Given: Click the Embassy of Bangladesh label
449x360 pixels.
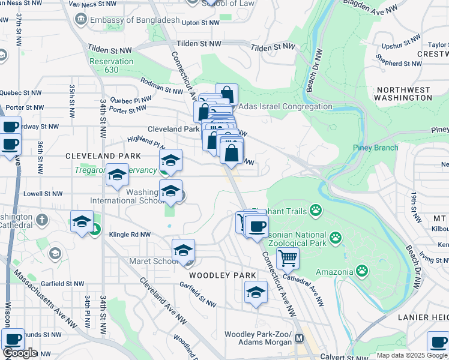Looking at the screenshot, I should pyautogui.click(x=134, y=20).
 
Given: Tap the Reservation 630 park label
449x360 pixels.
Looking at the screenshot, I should pyautogui.click(x=111, y=66).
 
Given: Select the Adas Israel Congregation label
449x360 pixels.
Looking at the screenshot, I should pyautogui.click(x=285, y=107).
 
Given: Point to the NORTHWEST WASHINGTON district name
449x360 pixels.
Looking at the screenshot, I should pyautogui.click(x=402, y=94).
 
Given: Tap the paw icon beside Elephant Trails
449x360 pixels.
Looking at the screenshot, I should pyautogui.click(x=316, y=210).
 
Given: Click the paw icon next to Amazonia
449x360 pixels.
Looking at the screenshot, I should pyautogui.click(x=361, y=271).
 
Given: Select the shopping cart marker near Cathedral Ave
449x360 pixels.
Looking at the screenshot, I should pyautogui.click(x=288, y=258).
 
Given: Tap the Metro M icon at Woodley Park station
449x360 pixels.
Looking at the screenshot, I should pyautogui.click(x=298, y=338).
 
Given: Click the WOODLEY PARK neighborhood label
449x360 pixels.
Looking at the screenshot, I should pyautogui.click(x=219, y=275).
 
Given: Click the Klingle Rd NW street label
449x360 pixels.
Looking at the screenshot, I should pyautogui.click(x=128, y=235).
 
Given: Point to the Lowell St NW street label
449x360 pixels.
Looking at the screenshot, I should pyautogui.click(x=43, y=194).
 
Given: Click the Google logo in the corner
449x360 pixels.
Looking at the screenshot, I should pyautogui.click(x=20, y=353).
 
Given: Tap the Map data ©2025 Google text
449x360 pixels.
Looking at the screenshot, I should pyautogui.click(x=411, y=355).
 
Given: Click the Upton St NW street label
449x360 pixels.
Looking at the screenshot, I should pyautogui.click(x=200, y=23).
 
